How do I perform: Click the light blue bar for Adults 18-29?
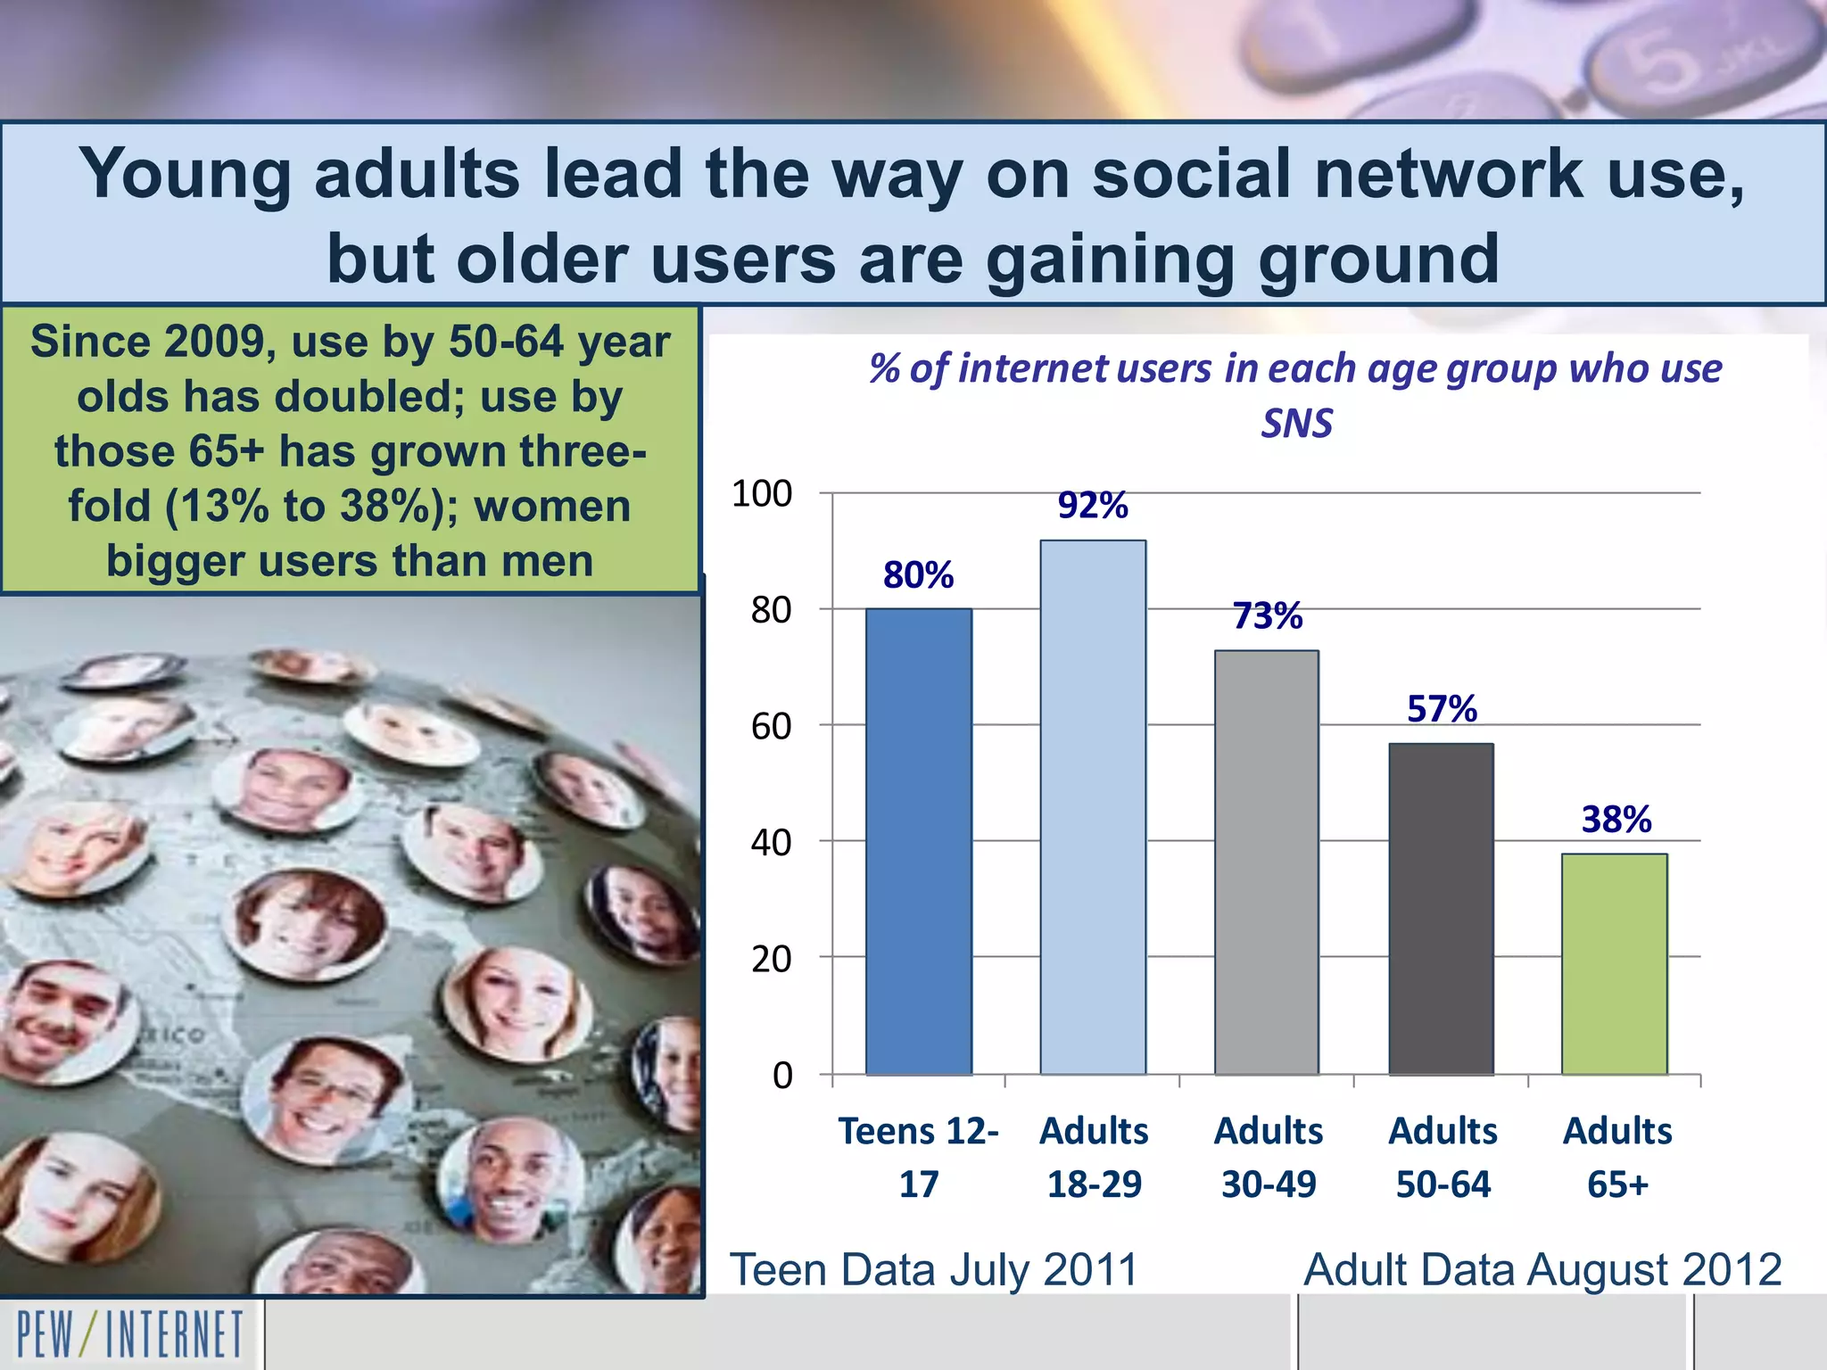1093,807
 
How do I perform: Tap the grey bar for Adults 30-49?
1267,862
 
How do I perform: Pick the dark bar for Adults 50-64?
1441,909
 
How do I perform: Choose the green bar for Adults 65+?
1615,964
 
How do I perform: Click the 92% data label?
1093,506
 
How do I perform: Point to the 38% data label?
1616,820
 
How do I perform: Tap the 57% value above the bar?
1442,709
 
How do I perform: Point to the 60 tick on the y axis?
771,727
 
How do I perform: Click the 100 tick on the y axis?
762,494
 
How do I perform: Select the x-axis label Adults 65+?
1617,1157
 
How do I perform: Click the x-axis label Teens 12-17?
919,1157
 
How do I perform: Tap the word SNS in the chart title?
1296,423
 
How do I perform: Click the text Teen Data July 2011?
934,1269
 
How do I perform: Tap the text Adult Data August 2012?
1542,1269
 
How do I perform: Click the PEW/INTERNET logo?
130,1334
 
